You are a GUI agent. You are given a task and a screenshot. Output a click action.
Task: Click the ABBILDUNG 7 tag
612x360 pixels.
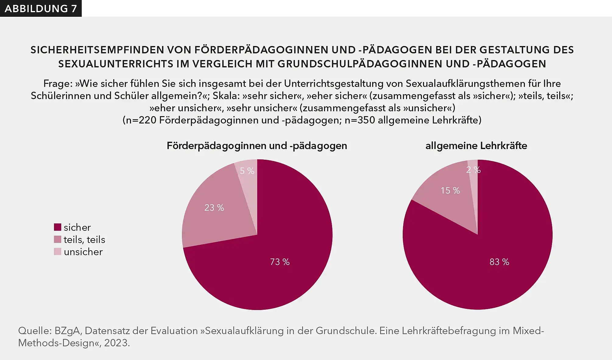(41, 9)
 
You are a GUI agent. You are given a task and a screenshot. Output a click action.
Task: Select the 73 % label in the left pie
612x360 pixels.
(280, 262)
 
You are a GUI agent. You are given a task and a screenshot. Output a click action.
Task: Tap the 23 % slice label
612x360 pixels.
(214, 208)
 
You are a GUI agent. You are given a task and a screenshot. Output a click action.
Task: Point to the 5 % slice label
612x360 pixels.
(247, 171)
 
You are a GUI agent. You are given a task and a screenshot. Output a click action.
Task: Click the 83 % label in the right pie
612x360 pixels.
(499, 262)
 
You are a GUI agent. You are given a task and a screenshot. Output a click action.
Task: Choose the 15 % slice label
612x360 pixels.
(450, 191)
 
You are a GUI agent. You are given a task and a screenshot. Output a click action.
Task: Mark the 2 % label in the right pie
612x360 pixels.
(473, 170)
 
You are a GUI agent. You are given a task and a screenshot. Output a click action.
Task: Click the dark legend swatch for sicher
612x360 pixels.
(58, 227)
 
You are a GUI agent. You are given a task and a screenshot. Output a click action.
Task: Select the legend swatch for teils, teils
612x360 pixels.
(58, 239)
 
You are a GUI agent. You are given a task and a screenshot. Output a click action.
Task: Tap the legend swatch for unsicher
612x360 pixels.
(58, 251)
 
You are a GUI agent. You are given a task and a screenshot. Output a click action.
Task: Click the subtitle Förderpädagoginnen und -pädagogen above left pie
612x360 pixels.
(257, 146)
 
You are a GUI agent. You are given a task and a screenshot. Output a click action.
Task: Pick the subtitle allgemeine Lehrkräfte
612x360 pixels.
(476, 146)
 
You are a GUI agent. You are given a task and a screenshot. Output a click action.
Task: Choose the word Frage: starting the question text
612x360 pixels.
(57, 84)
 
